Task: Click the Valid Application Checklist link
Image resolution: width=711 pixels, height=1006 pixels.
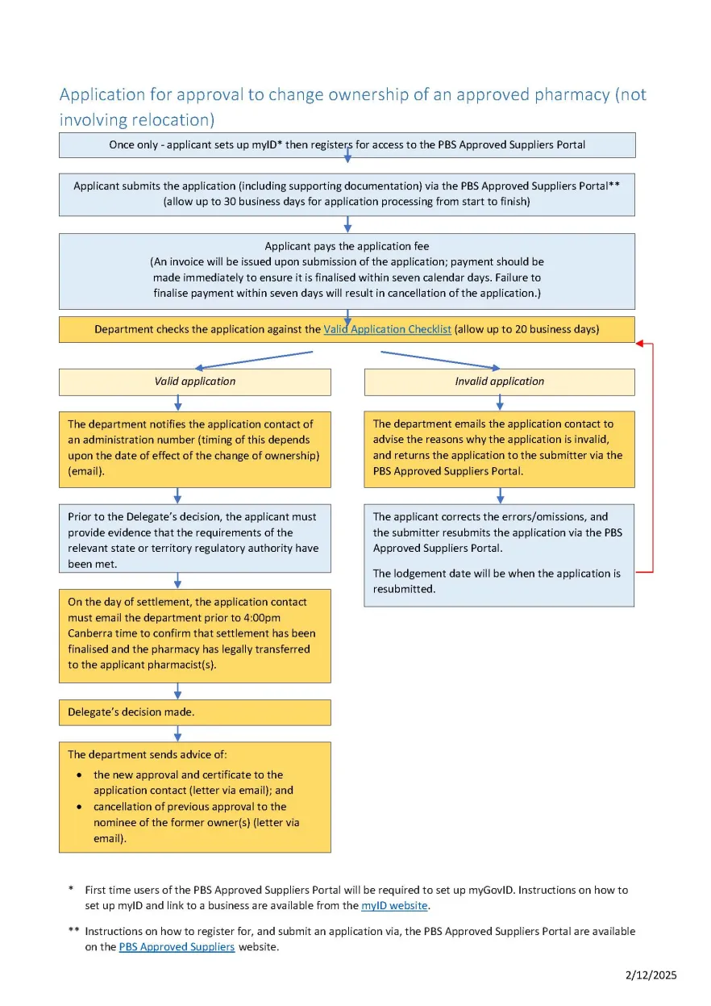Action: (x=387, y=329)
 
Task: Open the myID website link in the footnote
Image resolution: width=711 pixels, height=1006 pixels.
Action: (x=393, y=906)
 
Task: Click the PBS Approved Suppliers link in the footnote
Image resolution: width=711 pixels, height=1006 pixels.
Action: (x=177, y=947)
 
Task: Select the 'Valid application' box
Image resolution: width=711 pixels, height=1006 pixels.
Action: (x=194, y=382)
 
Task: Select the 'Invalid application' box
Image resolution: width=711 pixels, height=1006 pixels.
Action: (x=499, y=382)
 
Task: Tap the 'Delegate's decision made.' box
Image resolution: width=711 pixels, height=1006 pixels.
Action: (x=194, y=712)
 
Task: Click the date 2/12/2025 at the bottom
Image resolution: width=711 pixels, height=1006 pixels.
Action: (x=651, y=975)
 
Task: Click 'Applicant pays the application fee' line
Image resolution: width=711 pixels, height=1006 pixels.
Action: (x=347, y=246)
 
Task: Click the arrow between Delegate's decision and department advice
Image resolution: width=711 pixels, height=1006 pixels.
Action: (x=177, y=733)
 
